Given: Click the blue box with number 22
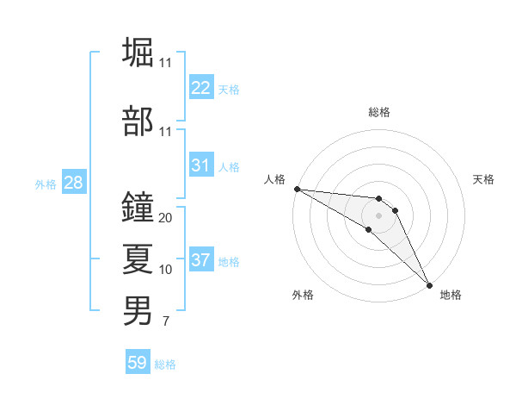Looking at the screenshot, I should pyautogui.click(x=200, y=88).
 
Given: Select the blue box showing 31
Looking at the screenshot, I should pyautogui.click(x=200, y=165).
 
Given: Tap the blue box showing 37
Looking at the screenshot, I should pyautogui.click(x=200, y=260).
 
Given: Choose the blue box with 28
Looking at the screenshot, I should pyautogui.click(x=73, y=183).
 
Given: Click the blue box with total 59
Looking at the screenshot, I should pyautogui.click(x=138, y=363).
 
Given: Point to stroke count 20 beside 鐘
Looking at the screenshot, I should pyautogui.click(x=166, y=218).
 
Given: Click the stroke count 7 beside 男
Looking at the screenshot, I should pyautogui.click(x=165, y=322).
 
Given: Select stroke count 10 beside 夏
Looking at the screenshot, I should pyautogui.click(x=166, y=270).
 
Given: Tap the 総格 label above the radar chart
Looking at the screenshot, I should pyautogui.click(x=379, y=112).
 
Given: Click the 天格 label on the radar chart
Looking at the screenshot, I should pyautogui.click(x=483, y=179).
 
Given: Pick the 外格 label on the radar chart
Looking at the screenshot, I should pyautogui.click(x=303, y=295).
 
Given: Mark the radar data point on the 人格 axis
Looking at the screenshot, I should pyautogui.click(x=297, y=189).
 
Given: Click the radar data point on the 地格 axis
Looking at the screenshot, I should pyautogui.click(x=429, y=285).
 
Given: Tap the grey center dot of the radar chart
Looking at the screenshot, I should pyautogui.click(x=379, y=215).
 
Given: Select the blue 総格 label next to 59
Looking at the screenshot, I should pyautogui.click(x=166, y=364).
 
